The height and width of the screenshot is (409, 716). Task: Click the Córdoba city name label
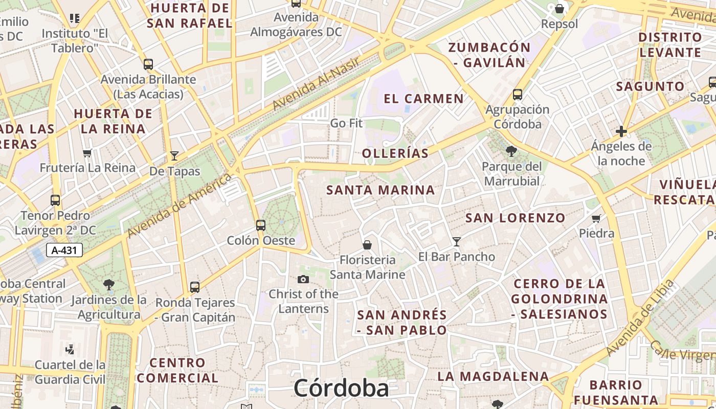point(341,388)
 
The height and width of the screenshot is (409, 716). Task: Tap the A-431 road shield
point(64,251)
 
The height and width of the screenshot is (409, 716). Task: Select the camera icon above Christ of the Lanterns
point(303,279)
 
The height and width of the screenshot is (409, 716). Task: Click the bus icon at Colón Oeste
point(261,225)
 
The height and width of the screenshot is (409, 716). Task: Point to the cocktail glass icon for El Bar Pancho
point(457,241)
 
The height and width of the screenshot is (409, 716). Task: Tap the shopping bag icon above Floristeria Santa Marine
point(367,245)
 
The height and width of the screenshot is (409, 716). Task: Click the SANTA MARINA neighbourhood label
point(381,190)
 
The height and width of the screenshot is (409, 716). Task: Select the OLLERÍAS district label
point(395,153)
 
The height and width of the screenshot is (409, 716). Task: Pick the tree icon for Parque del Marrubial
point(511,151)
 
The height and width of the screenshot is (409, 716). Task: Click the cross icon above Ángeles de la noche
point(621,131)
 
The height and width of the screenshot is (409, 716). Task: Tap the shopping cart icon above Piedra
point(596,219)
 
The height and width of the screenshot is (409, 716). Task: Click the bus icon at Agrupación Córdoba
point(518,95)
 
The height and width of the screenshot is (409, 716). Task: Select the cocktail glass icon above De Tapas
point(174,156)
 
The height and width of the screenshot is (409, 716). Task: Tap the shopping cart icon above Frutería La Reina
point(87,153)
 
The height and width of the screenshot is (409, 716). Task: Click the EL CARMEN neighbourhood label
point(423,99)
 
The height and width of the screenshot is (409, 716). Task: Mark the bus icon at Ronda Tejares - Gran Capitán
point(195,287)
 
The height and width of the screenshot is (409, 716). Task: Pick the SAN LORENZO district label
point(515,218)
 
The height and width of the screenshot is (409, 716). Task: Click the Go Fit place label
point(346,123)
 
